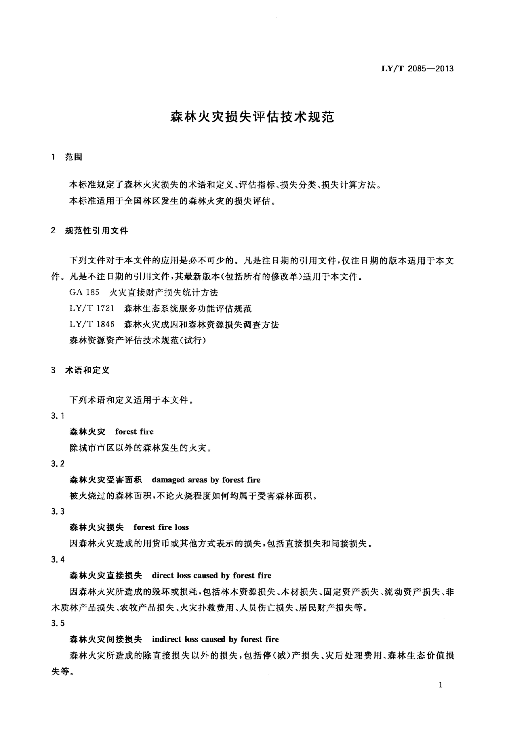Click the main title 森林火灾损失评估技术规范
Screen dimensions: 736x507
point(253,117)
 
